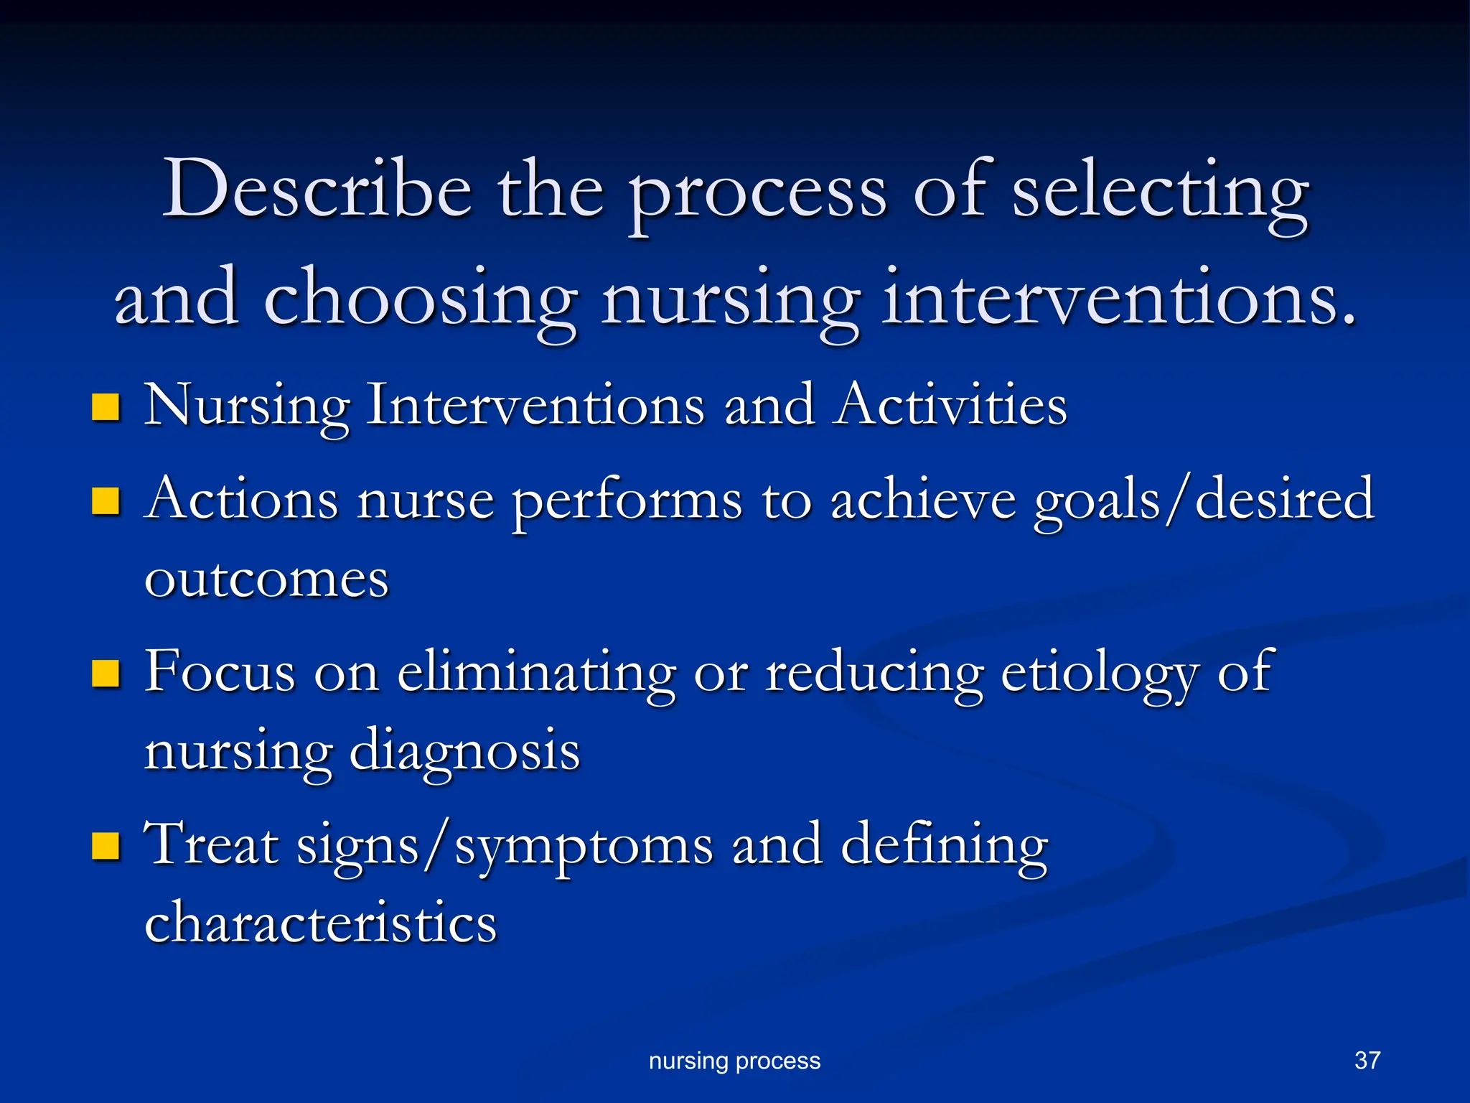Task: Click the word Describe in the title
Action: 317,189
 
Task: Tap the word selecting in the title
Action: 1160,192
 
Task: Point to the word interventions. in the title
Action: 1119,297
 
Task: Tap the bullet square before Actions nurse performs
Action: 106,501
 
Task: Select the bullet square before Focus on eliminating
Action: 106,674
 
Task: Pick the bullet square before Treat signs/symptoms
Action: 106,846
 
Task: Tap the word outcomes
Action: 266,579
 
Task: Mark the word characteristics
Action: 321,923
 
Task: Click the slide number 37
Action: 1367,1060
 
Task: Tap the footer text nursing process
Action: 734,1061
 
